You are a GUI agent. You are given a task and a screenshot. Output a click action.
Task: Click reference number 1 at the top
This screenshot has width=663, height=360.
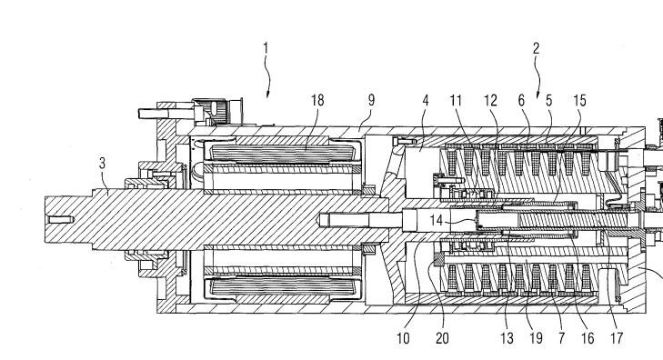[266, 48]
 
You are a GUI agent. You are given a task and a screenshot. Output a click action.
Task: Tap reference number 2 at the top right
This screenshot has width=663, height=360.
[536, 48]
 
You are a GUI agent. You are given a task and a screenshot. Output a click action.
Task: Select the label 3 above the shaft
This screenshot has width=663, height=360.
[102, 164]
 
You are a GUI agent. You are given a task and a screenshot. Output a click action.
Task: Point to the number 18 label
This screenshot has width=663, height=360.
[317, 100]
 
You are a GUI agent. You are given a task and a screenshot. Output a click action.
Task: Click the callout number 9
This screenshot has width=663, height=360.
[371, 100]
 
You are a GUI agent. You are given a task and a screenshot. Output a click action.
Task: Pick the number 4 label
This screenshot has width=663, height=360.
[426, 101]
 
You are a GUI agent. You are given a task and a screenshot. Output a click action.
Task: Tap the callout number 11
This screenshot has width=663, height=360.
[456, 101]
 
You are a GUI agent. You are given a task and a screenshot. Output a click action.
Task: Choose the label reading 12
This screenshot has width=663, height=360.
[490, 101]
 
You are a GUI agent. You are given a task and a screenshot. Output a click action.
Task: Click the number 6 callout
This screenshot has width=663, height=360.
[522, 101]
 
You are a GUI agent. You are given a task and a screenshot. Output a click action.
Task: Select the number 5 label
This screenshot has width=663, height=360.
[548, 101]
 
